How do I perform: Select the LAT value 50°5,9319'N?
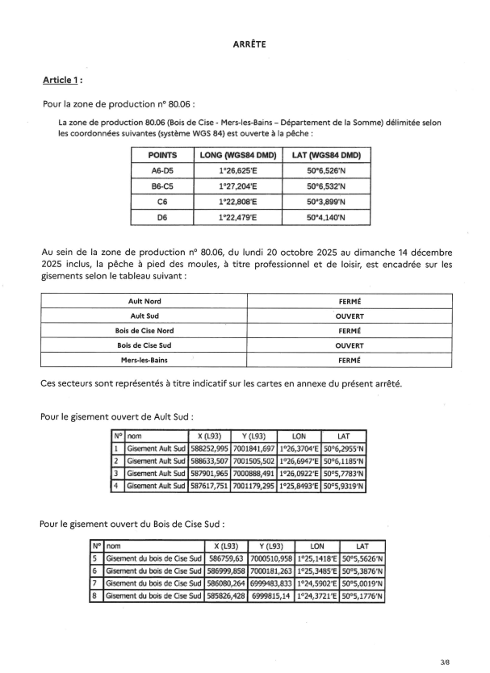(x=344, y=487)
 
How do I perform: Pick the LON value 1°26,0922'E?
(x=299, y=474)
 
